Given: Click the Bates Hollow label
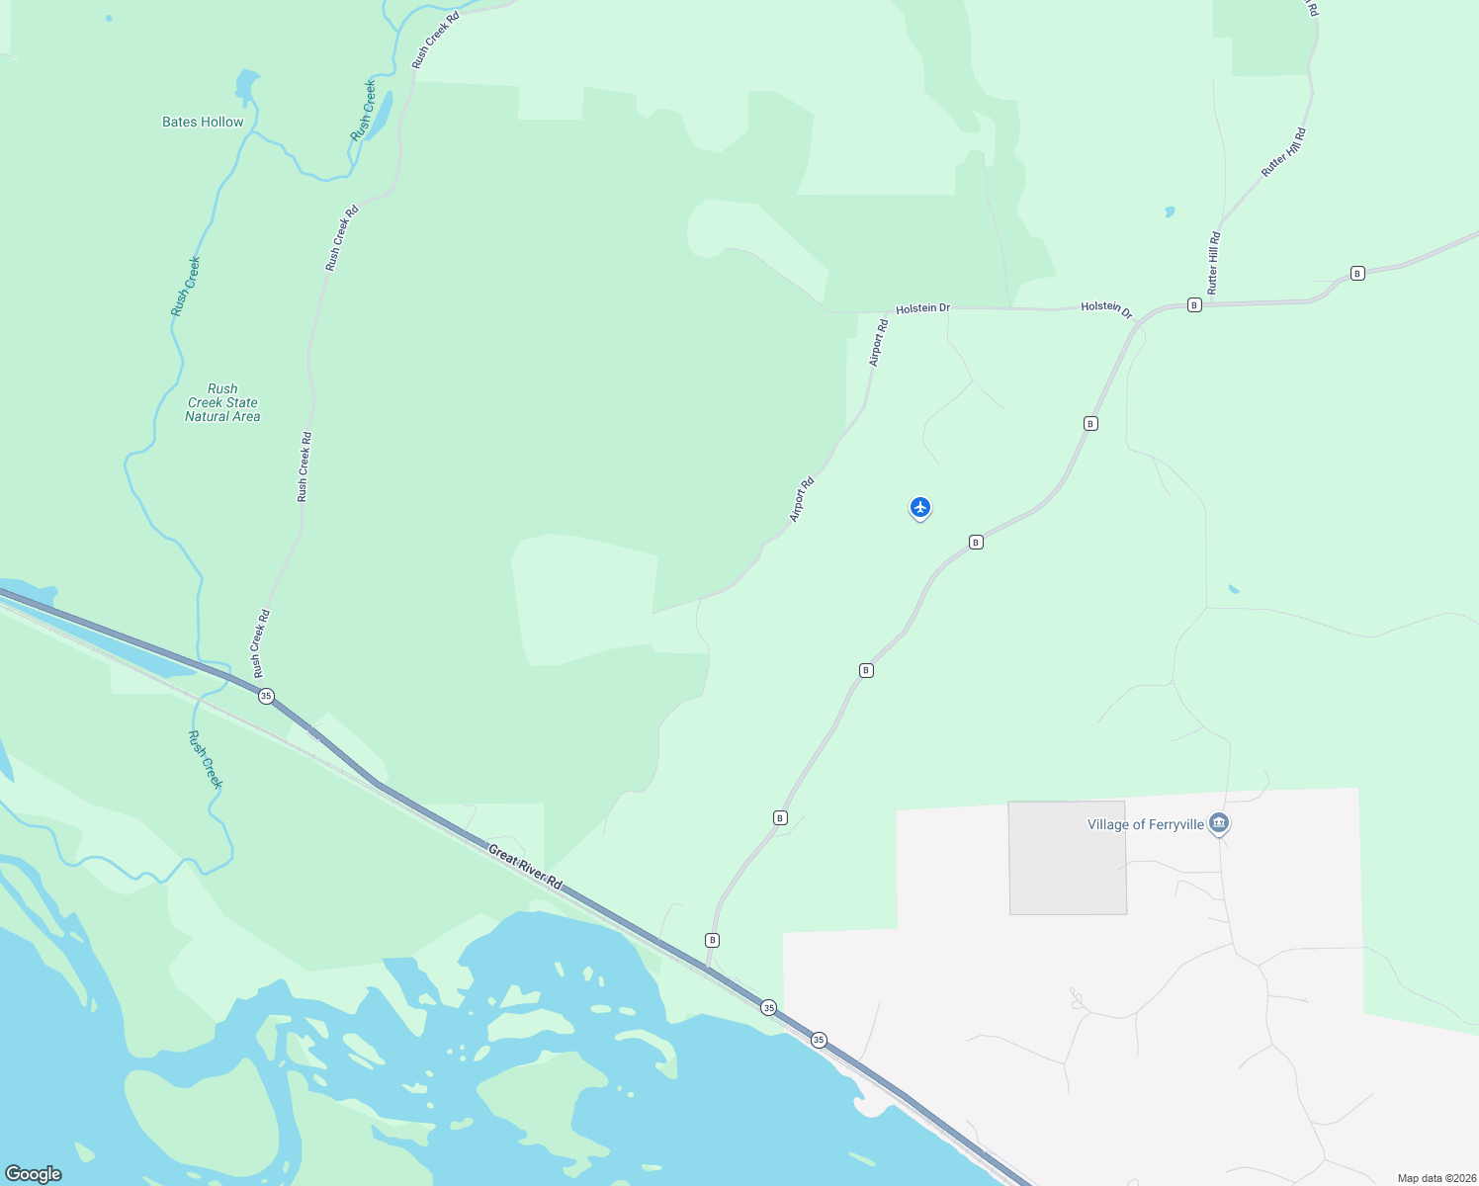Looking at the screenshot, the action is [203, 122].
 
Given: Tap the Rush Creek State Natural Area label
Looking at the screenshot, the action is [222, 402].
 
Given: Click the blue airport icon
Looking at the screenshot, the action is [920, 507].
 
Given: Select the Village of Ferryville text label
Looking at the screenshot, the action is [1145, 824].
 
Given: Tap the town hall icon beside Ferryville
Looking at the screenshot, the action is [1219, 823].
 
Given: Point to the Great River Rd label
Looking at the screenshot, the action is [525, 868].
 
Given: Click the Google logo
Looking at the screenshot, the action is [34, 1173].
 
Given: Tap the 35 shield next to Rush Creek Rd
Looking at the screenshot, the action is [266, 696].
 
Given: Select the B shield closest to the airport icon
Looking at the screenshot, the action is [976, 542].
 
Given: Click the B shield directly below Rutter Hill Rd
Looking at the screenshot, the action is [1194, 304].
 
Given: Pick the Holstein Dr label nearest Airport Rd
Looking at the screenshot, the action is [922, 308].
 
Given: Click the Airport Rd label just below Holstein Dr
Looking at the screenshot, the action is [878, 343].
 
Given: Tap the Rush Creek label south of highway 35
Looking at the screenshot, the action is [206, 759].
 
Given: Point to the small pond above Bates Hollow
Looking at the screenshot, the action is [246, 85].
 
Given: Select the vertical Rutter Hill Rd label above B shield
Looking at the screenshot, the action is [1214, 262].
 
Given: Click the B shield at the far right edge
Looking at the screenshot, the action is [1358, 273].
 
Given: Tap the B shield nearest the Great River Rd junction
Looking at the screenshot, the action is [712, 939].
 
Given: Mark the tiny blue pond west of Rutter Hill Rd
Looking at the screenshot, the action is [1171, 211].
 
